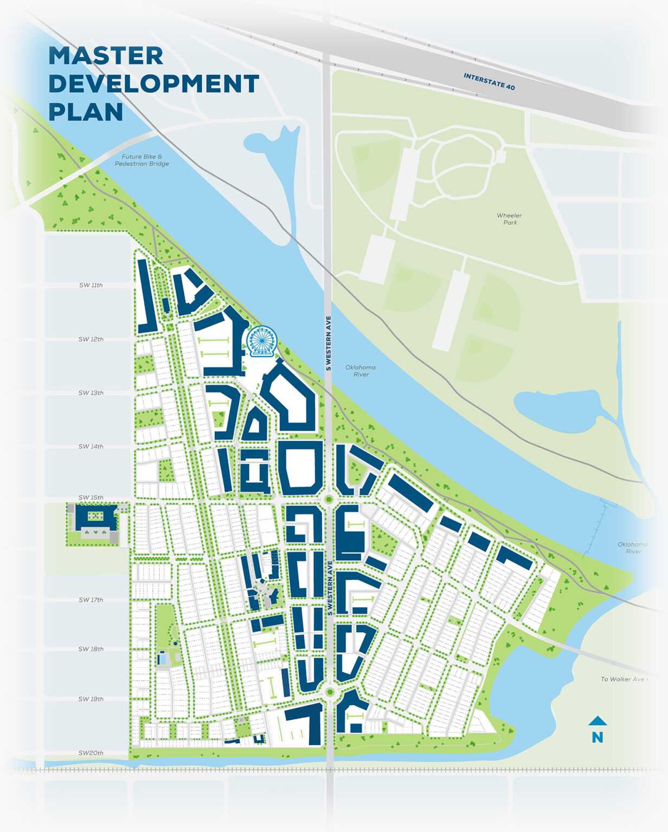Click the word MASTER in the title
tap(106, 56)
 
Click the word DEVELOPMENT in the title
tap(154, 84)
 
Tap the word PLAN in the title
tap(86, 112)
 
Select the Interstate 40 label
tap(489, 81)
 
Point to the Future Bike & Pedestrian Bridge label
tap(142, 160)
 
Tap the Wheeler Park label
tap(509, 219)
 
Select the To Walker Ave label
tap(623, 679)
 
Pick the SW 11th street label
tap(91, 285)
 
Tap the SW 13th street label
tap(91, 393)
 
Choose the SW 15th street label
tap(91, 497)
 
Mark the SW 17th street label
tap(91, 600)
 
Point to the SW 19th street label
tap(91, 699)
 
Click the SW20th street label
tap(91, 753)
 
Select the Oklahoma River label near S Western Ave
tap(361, 370)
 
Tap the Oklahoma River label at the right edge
tap(632, 548)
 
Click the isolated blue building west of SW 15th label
tap(95, 518)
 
